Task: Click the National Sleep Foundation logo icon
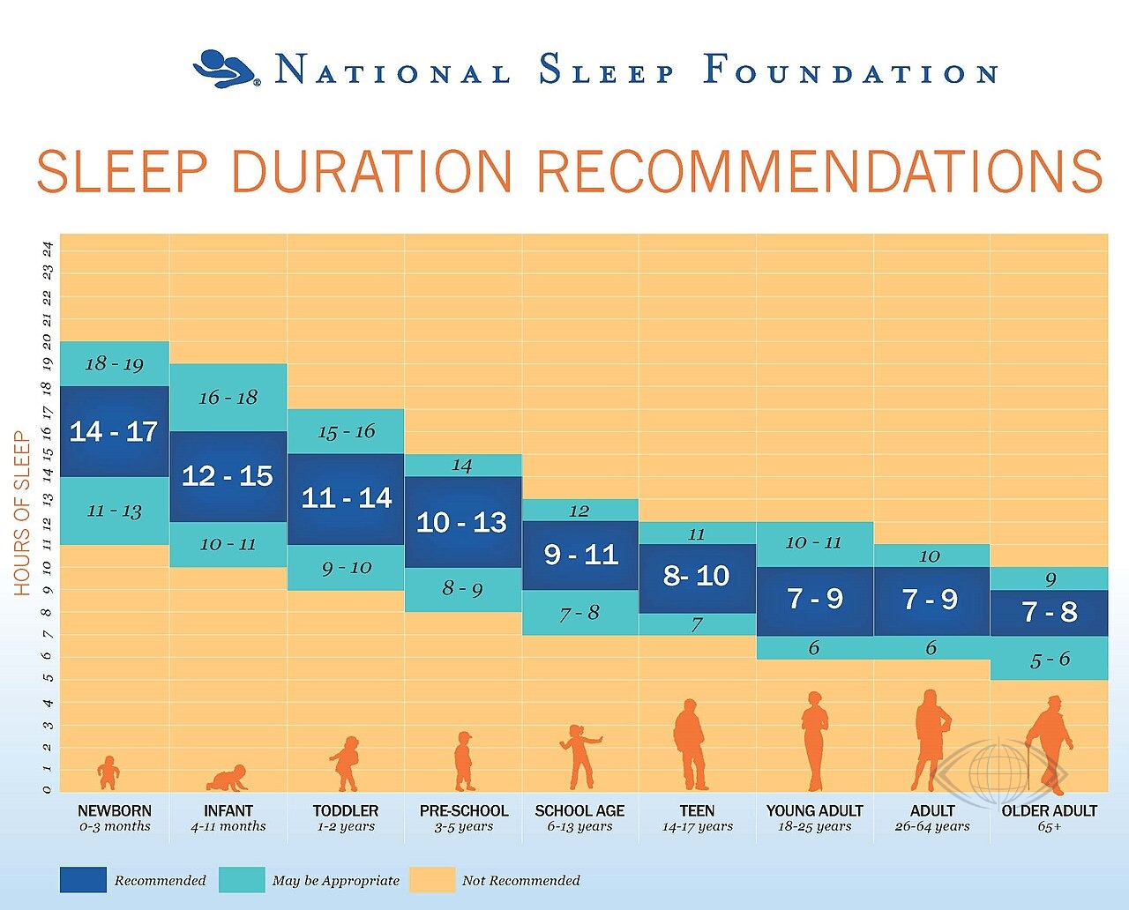[x=226, y=68]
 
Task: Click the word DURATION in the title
[x=371, y=172]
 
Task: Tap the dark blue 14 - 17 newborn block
[x=115, y=432]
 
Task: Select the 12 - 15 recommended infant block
[x=228, y=477]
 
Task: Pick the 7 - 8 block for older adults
[x=1050, y=613]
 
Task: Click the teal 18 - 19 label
[x=115, y=363]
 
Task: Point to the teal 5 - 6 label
[x=1050, y=660]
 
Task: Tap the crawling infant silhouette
[x=227, y=778]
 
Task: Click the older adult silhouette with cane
[x=1048, y=745]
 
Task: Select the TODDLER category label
[x=346, y=811]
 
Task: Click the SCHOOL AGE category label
[x=579, y=811]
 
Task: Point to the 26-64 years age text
[x=932, y=826]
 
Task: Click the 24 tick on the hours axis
[x=48, y=249]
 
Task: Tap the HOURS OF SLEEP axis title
[x=21, y=513]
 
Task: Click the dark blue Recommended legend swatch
[x=84, y=880]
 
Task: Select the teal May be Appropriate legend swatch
[x=242, y=880]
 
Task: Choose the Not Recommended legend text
[x=521, y=880]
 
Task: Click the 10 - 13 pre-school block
[x=463, y=522]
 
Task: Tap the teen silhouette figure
[x=690, y=745]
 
